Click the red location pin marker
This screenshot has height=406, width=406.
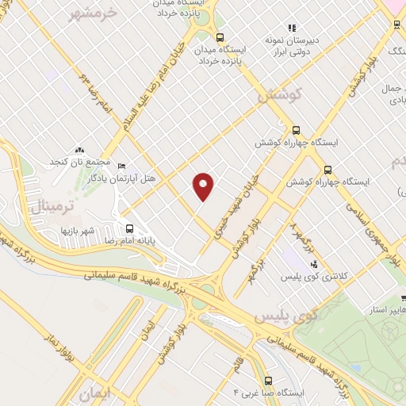coord(205,186)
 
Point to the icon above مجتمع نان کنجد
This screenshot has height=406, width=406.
coord(79,150)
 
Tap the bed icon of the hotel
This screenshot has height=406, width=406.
coord(121,166)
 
